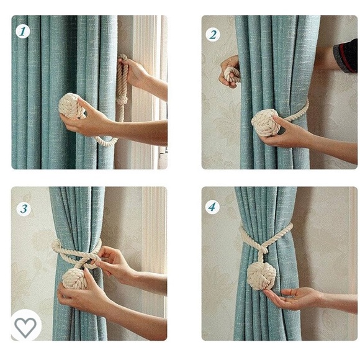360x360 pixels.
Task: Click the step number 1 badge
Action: click(23, 31)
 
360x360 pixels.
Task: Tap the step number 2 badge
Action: click(213, 35)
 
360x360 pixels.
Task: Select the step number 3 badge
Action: click(24, 209)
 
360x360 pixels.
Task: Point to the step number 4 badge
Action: click(212, 207)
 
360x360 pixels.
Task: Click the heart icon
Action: click(25, 327)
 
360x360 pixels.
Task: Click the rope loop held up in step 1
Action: click(122, 75)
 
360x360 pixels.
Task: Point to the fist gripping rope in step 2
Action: click(230, 71)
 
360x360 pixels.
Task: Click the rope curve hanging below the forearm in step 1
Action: click(104, 141)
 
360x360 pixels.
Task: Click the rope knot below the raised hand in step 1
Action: click(122, 100)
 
